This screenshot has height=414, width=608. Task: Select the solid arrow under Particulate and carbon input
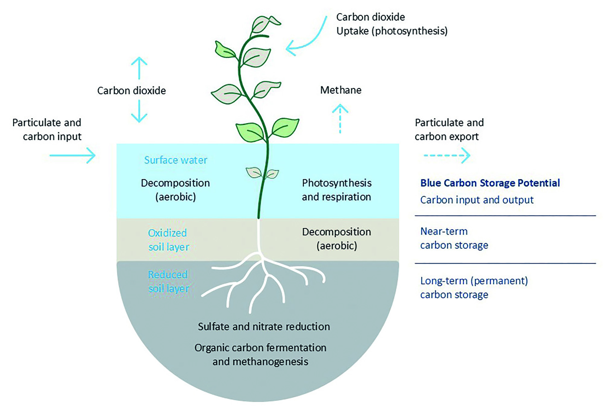click(73, 155)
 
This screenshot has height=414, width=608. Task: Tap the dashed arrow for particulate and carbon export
click(447, 155)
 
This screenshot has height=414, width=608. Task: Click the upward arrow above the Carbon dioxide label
click(139, 68)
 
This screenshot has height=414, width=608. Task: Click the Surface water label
click(176, 160)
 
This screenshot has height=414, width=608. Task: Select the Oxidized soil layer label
click(168, 240)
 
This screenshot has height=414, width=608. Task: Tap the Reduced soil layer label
click(168, 282)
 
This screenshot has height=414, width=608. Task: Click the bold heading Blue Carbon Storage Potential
click(490, 183)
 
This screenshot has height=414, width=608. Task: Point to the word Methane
click(341, 90)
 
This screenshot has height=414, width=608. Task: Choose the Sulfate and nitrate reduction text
click(264, 327)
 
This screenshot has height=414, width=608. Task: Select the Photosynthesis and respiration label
click(337, 190)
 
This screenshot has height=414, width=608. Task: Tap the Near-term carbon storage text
click(454, 238)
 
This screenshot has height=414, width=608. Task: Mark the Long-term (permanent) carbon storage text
click(474, 288)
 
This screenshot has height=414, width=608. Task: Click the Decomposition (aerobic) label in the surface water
click(175, 190)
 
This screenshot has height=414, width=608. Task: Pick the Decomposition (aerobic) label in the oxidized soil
click(337, 239)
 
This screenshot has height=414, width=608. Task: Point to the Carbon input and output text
click(477, 200)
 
